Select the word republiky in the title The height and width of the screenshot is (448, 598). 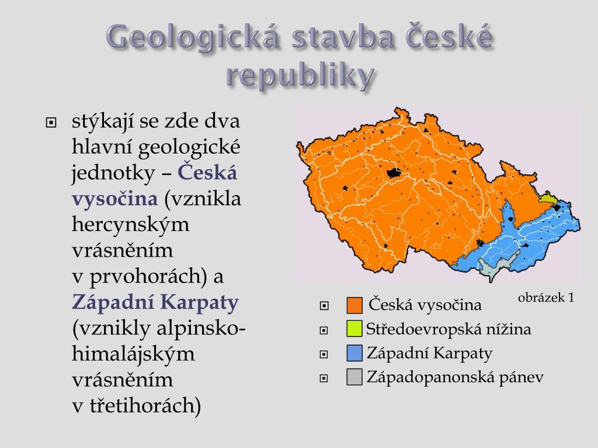point(301,75)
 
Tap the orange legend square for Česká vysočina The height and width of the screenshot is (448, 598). point(354,305)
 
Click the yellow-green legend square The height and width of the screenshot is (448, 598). point(354,329)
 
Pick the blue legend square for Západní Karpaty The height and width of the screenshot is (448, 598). point(354,353)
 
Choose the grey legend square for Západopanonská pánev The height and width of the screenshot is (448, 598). point(354,377)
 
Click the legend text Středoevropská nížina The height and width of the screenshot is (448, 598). point(448,329)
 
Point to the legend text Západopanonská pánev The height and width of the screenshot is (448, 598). point(455,377)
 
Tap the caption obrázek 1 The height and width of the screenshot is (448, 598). point(546,297)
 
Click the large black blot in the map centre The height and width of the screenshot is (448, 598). point(394,173)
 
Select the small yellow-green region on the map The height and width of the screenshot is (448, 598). point(548,198)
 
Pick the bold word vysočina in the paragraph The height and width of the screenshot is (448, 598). point(115,198)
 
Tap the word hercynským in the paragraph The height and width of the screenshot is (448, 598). point(130,224)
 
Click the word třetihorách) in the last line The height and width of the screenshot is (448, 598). point(145,405)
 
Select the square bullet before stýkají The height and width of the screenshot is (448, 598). point(51,123)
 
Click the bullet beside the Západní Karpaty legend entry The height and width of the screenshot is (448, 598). point(324,354)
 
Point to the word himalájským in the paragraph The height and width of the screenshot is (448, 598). point(133,354)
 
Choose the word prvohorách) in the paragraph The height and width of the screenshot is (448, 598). point(145,276)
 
